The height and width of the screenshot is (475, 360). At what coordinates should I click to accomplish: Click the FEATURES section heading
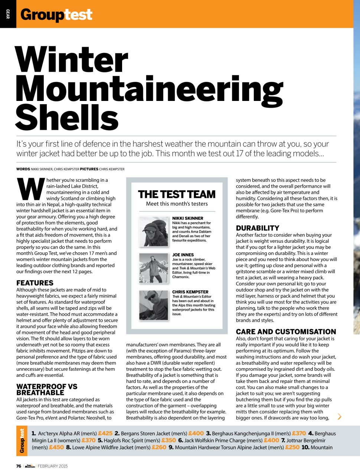[x=35, y=283]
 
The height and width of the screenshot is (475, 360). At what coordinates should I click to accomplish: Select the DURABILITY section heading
[x=257, y=228]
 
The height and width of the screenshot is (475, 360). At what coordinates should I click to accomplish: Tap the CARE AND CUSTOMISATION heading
[x=286, y=332]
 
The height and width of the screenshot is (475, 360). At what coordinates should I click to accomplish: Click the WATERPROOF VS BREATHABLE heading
[x=47, y=390]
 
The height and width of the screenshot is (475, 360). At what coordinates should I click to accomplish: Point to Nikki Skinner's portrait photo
[x=153, y=232]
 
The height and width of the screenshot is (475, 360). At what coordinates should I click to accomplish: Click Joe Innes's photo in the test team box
[x=153, y=268]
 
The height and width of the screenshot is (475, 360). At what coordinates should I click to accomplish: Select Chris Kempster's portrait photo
[x=153, y=305]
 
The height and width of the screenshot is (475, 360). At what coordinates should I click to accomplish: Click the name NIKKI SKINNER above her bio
[x=187, y=218]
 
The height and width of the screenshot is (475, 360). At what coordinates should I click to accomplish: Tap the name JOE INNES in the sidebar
[x=183, y=255]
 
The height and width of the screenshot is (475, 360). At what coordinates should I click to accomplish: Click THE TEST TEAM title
[x=176, y=194]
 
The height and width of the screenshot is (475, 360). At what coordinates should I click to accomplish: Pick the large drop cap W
[x=31, y=189]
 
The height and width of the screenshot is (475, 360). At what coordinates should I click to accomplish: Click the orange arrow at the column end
[x=339, y=416]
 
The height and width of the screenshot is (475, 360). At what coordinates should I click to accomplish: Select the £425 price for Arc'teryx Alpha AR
[x=105, y=433]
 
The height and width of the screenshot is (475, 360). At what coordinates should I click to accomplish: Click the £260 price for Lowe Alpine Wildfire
[x=159, y=447]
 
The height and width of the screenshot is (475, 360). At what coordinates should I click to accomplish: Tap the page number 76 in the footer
[x=19, y=466]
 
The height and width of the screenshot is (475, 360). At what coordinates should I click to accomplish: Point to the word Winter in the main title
[x=72, y=60]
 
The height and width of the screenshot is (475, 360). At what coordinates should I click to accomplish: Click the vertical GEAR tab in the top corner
[x=7, y=14]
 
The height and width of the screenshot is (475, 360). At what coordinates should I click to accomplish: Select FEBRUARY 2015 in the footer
[x=52, y=466]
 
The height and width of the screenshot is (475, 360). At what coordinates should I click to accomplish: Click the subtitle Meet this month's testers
[x=177, y=204]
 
